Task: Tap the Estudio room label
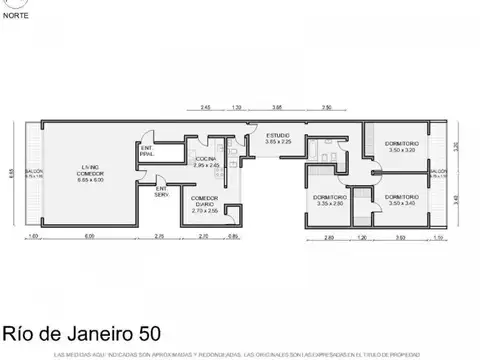[278, 139]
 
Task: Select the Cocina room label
[206, 162]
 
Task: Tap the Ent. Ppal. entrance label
[147, 153]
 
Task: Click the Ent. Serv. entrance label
[161, 191]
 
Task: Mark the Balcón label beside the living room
[33, 173]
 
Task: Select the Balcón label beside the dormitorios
[438, 173]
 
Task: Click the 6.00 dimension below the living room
[89, 236]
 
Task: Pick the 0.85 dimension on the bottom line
[233, 236]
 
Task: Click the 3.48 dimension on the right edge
[455, 198]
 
